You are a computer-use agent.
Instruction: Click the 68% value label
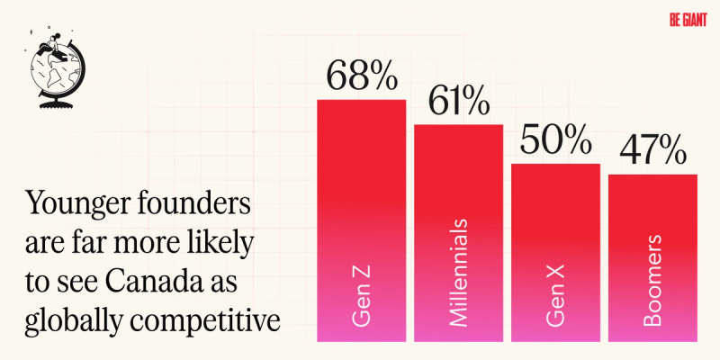[x=361, y=77]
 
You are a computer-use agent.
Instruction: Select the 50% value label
[x=555, y=142]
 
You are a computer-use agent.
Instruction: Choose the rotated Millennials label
[x=459, y=270]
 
